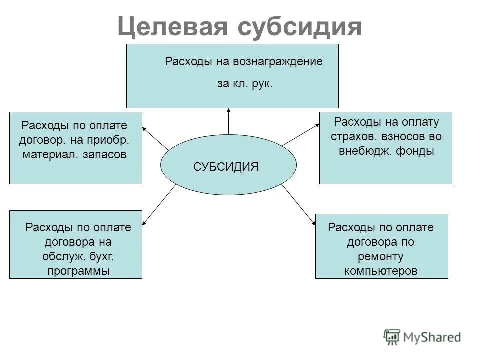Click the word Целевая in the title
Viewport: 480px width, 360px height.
point(171,27)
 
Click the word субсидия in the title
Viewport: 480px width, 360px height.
point(299,27)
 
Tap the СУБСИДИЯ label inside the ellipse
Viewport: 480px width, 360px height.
point(226,167)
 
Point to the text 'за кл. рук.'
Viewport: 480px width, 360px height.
point(245,84)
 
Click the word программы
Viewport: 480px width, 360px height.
point(78,271)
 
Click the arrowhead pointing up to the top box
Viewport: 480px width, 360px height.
point(228,111)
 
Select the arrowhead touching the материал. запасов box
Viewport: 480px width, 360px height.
point(146,128)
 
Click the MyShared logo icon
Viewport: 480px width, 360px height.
point(393,337)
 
